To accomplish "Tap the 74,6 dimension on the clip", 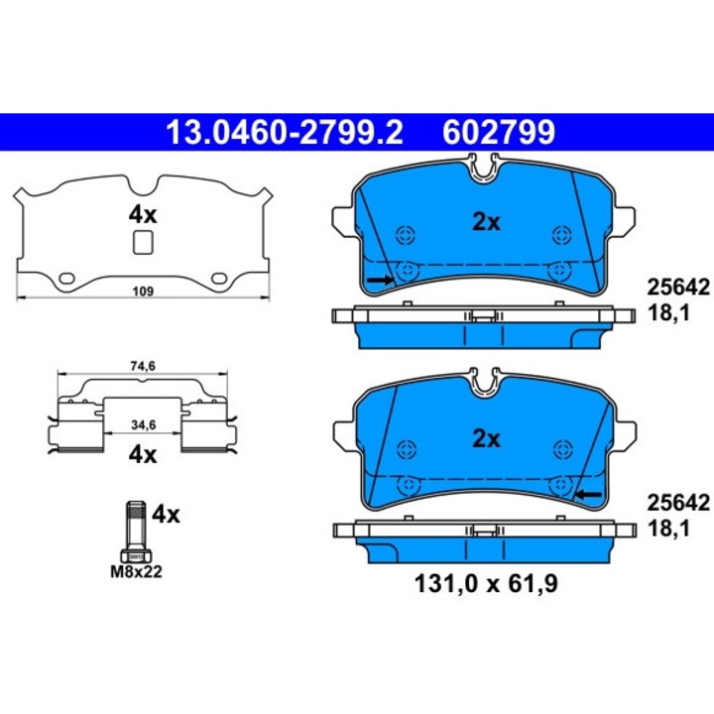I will [x=144, y=367].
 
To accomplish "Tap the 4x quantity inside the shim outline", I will [x=143, y=214].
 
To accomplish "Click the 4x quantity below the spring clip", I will [x=144, y=455].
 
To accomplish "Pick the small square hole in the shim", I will [x=143, y=241].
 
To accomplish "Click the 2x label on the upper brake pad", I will [x=485, y=222].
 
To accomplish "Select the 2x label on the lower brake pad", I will [x=485, y=437].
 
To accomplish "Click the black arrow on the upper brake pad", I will [x=378, y=282].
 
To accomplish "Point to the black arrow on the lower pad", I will [x=590, y=493].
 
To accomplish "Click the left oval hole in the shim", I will [x=69, y=278].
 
